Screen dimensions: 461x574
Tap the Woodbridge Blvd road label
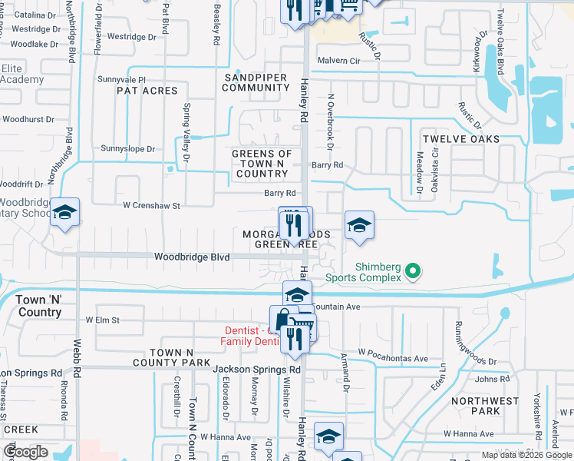point(192,257)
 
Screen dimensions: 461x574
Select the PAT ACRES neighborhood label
point(147,91)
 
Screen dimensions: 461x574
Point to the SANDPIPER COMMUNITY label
point(256,83)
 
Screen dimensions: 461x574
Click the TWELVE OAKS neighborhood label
point(461,139)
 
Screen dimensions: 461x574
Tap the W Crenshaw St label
point(151,206)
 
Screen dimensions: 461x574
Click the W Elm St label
point(103,320)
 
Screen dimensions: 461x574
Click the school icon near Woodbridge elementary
point(65,213)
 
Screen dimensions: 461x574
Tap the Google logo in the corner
point(25,453)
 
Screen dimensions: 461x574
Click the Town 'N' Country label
point(38,307)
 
